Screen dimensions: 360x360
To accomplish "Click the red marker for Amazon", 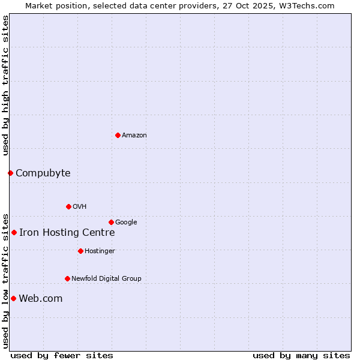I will (118, 135).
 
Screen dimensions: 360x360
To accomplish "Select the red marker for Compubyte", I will (10, 173).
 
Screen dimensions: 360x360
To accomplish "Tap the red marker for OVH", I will (68, 206).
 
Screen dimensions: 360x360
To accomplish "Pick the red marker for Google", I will (111, 222).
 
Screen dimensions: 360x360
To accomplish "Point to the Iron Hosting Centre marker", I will (14, 232).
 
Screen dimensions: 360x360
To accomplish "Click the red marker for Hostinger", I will (80, 251).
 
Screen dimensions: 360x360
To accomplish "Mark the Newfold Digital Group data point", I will (67, 278).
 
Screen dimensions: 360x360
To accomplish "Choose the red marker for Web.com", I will (13, 298).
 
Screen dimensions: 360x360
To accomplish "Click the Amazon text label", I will (134, 136).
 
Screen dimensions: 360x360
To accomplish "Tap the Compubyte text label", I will (43, 173).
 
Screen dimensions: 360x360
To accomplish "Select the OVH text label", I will (80, 207).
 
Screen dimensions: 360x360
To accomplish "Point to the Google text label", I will (126, 223).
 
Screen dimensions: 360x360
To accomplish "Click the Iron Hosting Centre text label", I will (67, 233).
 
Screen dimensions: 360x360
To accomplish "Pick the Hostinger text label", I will (100, 251).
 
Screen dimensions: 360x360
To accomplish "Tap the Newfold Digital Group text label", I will (106, 278).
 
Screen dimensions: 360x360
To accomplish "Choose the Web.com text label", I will (40, 299).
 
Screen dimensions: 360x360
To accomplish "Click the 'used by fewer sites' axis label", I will (62, 355).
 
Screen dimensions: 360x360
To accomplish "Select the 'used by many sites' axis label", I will (301, 355).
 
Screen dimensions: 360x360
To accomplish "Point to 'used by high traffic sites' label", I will (5, 85).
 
